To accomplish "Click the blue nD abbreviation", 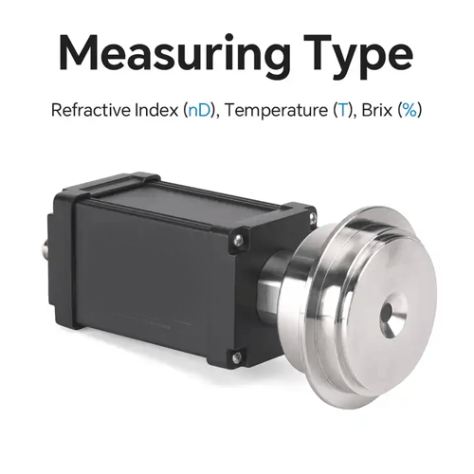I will [197, 110].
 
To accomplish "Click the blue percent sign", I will [410, 110].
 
